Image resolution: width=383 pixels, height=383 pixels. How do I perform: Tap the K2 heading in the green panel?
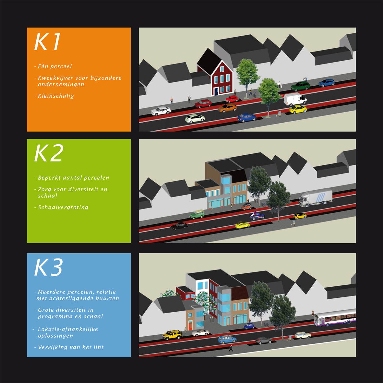(x=49, y=153)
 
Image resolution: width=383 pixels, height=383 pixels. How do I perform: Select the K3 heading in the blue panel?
(x=48, y=267)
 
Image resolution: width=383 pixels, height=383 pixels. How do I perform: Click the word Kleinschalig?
(x=56, y=96)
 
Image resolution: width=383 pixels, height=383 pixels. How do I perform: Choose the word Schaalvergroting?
(x=63, y=207)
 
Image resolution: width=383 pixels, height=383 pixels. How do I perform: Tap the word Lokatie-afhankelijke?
(x=68, y=329)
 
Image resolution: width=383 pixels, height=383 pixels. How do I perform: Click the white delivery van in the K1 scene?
(x=295, y=99)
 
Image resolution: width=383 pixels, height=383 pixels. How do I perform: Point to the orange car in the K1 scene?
(x=227, y=108)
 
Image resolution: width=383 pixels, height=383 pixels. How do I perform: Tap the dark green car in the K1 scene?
(x=300, y=86)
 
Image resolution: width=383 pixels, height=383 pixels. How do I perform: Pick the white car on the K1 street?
(x=161, y=111)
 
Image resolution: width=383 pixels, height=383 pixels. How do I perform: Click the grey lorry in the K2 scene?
(x=316, y=197)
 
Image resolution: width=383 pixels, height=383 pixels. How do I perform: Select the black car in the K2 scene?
(x=179, y=226)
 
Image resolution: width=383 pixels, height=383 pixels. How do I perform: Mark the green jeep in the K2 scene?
(x=197, y=214)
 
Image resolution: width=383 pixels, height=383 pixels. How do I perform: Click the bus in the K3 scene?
(x=335, y=317)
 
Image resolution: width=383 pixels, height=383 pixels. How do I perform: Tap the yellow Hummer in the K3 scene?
(x=172, y=335)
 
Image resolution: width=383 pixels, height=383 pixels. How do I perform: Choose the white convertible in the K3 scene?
(x=200, y=332)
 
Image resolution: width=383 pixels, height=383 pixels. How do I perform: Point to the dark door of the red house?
(x=216, y=91)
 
